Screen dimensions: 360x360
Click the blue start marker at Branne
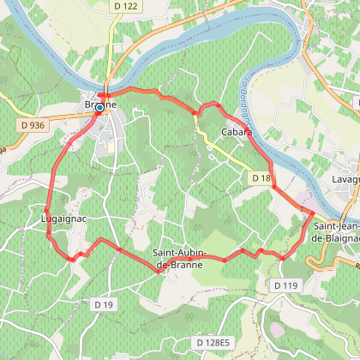tap(100, 107)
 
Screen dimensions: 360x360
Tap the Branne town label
tap(101, 105)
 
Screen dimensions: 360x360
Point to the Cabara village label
tap(237, 132)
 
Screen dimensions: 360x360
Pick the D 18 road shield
tap(261, 178)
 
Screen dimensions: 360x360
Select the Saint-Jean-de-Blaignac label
tap(335, 231)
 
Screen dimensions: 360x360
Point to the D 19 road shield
tap(105, 303)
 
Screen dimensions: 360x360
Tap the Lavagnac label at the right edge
tap(345, 180)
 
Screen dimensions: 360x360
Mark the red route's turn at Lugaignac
tap(45, 208)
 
